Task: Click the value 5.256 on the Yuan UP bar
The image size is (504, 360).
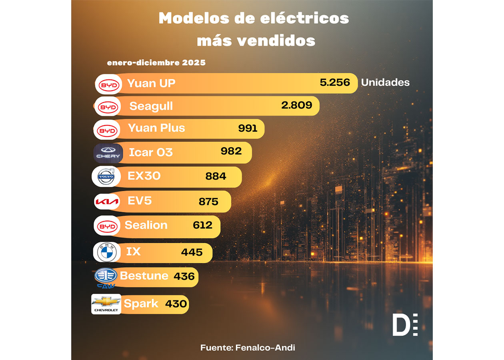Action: [x=335, y=83]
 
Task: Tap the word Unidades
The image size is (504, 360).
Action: [x=385, y=82]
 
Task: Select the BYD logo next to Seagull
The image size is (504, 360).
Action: [x=108, y=107]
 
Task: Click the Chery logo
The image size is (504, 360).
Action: [x=108, y=153]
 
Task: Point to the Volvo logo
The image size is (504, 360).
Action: [x=106, y=177]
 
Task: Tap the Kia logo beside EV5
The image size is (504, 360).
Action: [x=107, y=202]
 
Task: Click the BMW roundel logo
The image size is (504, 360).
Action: [x=106, y=252]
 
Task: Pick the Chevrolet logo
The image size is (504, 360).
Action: [x=106, y=304]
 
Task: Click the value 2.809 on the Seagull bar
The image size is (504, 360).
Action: [x=296, y=105]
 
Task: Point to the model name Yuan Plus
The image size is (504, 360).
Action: [x=156, y=128]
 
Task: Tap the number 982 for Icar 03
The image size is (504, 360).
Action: [x=231, y=151]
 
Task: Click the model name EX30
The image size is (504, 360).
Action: [x=144, y=176]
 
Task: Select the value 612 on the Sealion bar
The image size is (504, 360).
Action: [x=202, y=225]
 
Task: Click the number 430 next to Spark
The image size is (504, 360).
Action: [x=176, y=304]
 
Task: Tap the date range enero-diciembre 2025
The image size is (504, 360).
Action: [x=156, y=63]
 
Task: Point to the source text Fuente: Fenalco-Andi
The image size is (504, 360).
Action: [x=248, y=348]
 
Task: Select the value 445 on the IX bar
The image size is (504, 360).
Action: [x=192, y=252]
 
